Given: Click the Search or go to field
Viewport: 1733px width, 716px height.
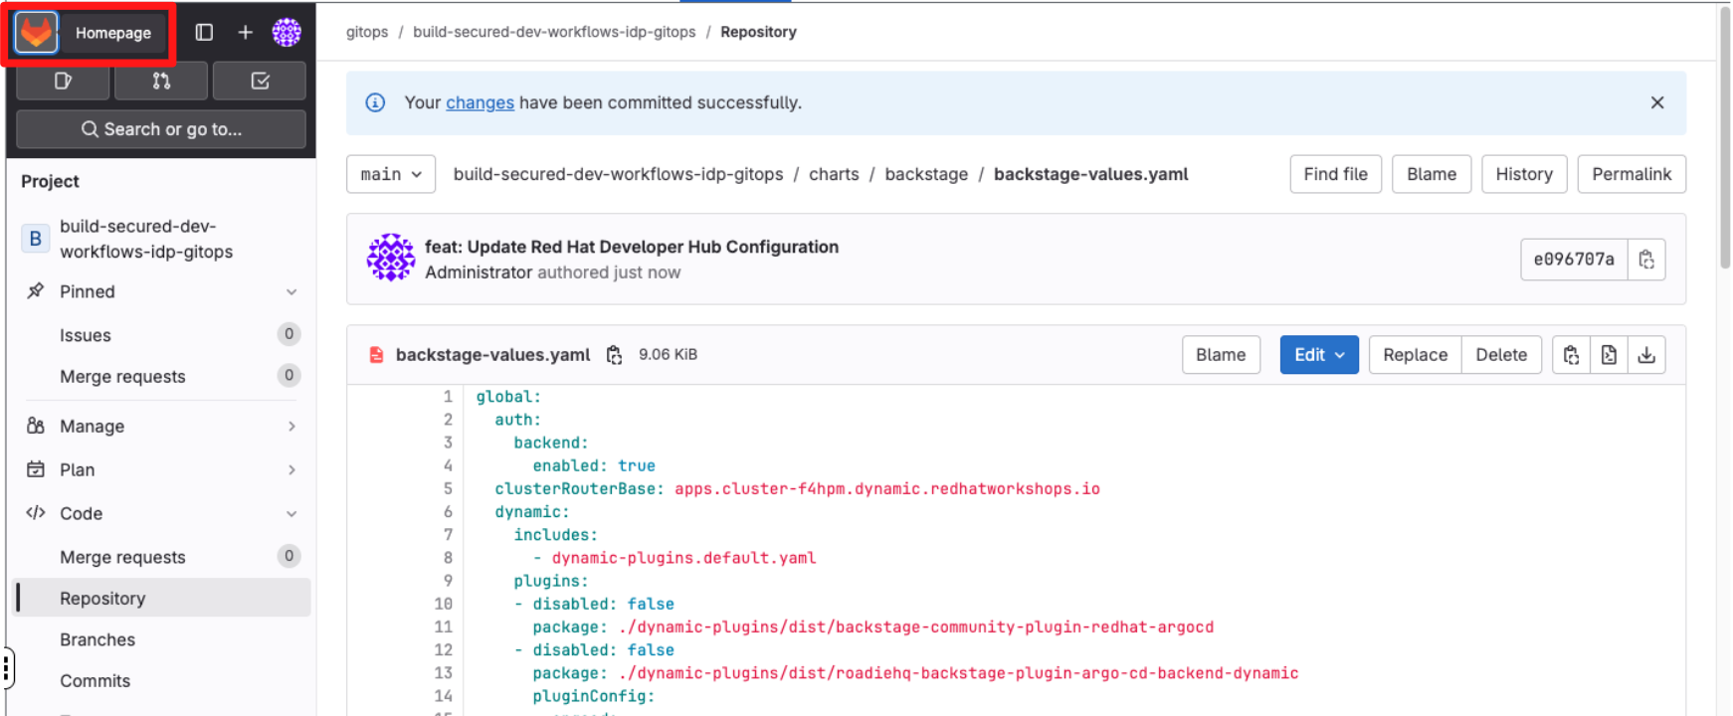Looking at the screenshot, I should click(x=161, y=129).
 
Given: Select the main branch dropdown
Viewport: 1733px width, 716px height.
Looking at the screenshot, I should click(x=391, y=174).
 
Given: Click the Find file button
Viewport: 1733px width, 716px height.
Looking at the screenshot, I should click(x=1335, y=174).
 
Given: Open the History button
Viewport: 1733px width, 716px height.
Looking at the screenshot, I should click(x=1523, y=174).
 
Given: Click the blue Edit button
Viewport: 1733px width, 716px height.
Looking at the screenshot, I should click(x=1318, y=355).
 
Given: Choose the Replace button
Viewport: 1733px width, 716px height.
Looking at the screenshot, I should click(x=1415, y=355).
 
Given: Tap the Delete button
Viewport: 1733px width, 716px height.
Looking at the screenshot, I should click(x=1500, y=355).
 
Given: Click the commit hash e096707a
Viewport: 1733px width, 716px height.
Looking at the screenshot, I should click(x=1573, y=260).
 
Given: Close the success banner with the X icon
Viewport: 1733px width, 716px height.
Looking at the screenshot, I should click(x=1656, y=102).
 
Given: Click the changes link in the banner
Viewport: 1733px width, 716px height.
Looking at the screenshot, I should click(x=480, y=102).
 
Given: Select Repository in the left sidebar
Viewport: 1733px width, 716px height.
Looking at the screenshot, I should click(x=102, y=599).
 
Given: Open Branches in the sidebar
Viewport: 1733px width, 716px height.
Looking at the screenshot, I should click(x=97, y=639).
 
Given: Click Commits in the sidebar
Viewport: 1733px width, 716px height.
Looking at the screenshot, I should click(x=95, y=681).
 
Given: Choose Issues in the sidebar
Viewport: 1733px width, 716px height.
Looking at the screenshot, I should click(x=86, y=335).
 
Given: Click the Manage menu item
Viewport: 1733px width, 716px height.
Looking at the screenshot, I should click(x=92, y=426).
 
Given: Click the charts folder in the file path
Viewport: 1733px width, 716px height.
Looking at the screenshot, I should click(x=834, y=174).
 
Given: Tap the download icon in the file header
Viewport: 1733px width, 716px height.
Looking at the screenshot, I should click(x=1646, y=355).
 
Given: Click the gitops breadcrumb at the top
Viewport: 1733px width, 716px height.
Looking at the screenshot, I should click(x=367, y=32).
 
